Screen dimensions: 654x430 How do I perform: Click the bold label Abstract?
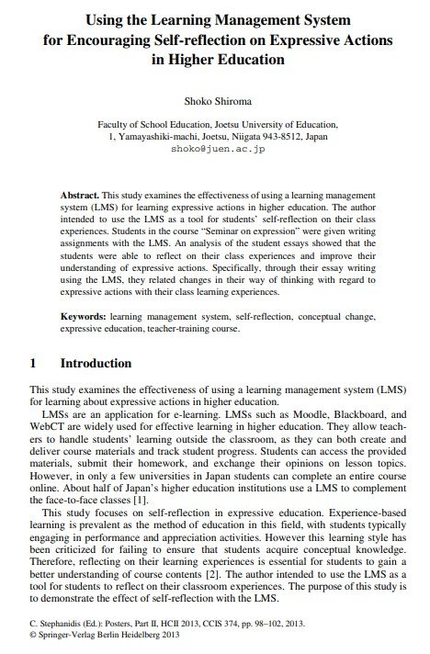[x=79, y=197]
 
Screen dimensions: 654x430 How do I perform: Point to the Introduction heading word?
[x=96, y=363]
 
